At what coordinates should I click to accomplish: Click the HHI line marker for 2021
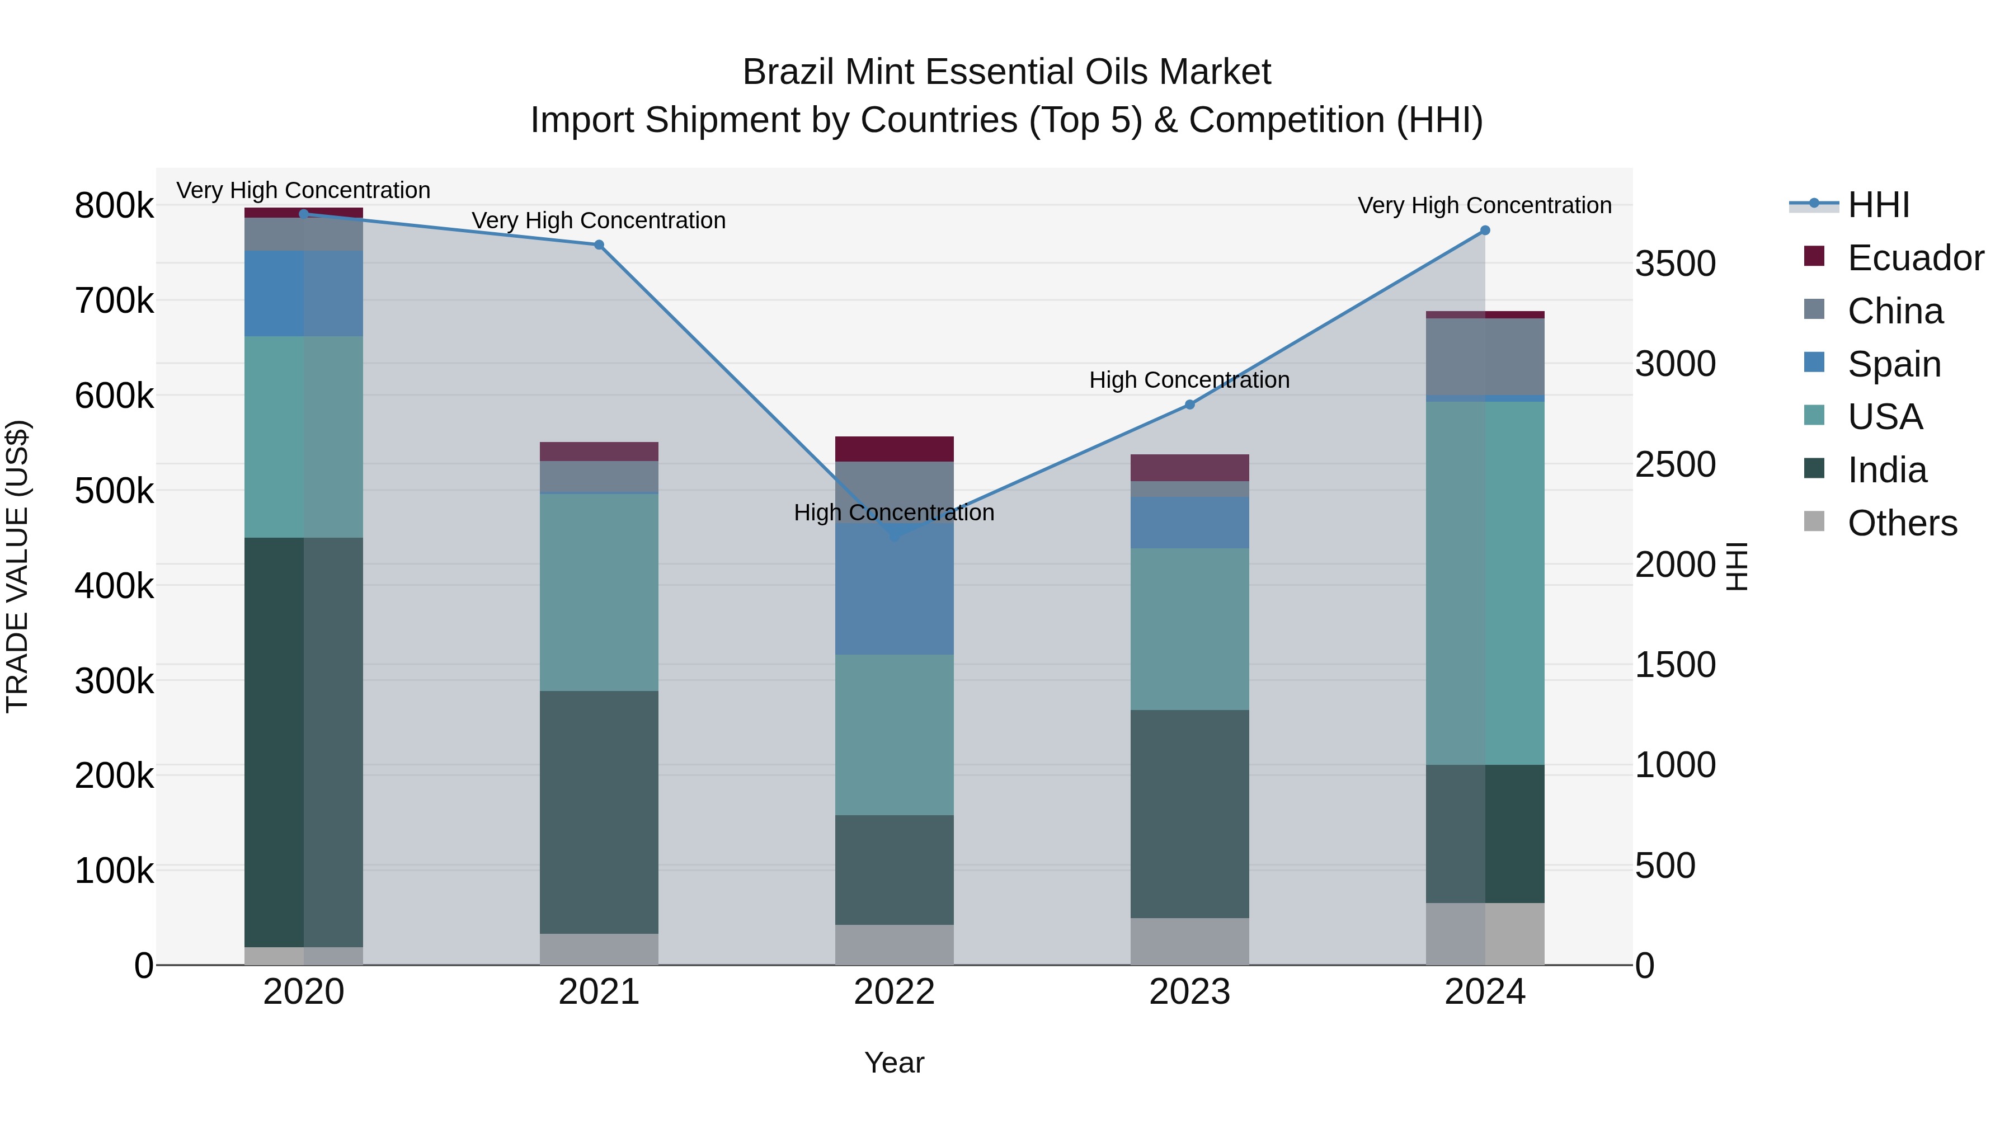pyautogui.click(x=599, y=245)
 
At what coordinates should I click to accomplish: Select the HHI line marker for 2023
pyautogui.click(x=1189, y=405)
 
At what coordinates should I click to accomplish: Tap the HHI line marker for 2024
pyautogui.click(x=1485, y=231)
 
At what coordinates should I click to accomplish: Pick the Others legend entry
pyautogui.click(x=1902, y=523)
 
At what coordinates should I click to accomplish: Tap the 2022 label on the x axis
pyautogui.click(x=895, y=992)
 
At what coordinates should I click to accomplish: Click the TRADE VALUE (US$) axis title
pyautogui.click(x=18, y=566)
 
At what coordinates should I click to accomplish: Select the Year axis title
pyautogui.click(x=895, y=1063)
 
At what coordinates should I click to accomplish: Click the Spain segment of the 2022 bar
pyautogui.click(x=895, y=594)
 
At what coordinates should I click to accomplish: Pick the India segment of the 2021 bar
pyautogui.click(x=599, y=812)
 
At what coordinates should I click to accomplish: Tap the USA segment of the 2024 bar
pyautogui.click(x=1485, y=582)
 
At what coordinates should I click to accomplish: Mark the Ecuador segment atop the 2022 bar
pyautogui.click(x=895, y=449)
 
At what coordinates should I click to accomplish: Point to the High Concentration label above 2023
pyautogui.click(x=1189, y=380)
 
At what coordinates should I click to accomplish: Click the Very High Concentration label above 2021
pyautogui.click(x=599, y=220)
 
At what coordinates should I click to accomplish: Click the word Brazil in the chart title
pyautogui.click(x=789, y=72)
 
